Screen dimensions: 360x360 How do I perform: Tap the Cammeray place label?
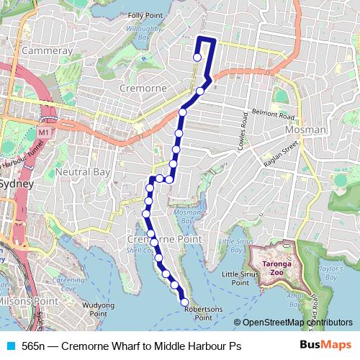pos(47,51)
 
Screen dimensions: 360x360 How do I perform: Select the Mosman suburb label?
pos(306,130)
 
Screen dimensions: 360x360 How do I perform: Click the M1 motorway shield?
pos(45,132)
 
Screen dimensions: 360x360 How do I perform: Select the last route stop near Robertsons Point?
pos(184,302)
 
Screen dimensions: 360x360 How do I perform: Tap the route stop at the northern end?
pos(197,58)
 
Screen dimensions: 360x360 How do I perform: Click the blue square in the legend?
pos(9,346)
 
